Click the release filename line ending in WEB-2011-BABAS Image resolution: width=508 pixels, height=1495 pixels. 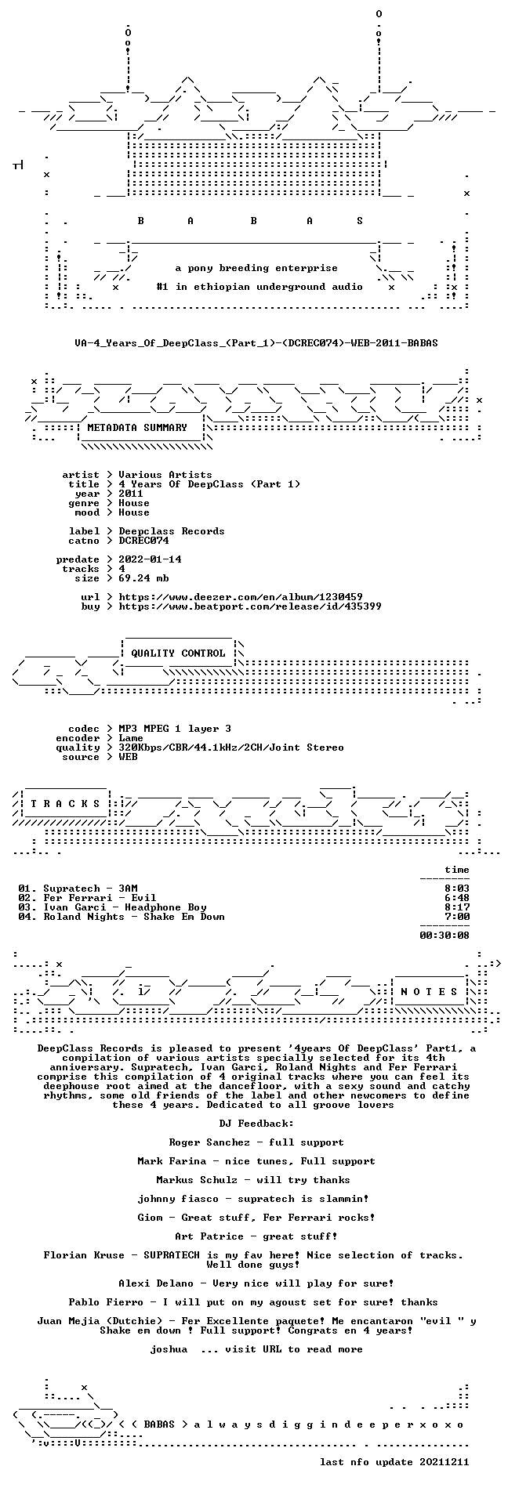(256, 343)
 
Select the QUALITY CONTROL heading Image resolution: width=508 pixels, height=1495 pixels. (178, 653)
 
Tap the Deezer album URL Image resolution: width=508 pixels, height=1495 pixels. (241, 597)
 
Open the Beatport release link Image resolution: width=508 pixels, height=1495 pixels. (250, 606)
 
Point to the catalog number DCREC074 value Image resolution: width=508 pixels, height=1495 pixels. (143, 541)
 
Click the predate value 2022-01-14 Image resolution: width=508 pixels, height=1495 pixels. (150, 559)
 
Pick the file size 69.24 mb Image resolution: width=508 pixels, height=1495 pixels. (143, 578)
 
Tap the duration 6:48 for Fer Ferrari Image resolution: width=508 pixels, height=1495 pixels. (457, 898)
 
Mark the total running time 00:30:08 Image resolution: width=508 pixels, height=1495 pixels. (444, 936)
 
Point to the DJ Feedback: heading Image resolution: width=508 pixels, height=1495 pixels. (256, 1124)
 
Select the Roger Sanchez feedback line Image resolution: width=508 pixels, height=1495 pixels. (256, 1142)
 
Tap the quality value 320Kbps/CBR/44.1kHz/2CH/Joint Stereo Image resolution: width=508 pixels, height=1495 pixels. (231, 747)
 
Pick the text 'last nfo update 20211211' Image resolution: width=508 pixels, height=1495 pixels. (394, 1462)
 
